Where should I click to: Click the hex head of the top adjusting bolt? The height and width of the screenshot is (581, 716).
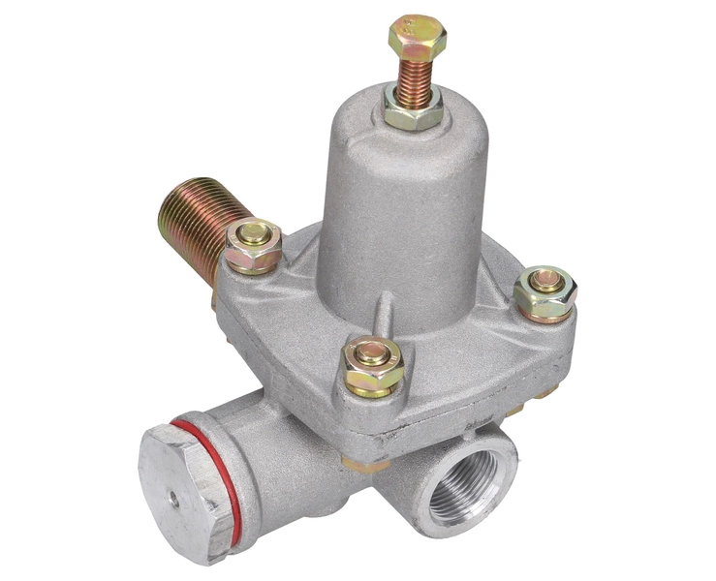click(x=418, y=37)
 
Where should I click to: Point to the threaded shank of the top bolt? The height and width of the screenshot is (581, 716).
click(x=415, y=72)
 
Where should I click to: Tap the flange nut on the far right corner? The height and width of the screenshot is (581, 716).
click(x=545, y=290)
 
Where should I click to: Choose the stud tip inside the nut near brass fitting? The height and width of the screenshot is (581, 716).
click(x=254, y=233)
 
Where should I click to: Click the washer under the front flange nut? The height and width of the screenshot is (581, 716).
click(x=373, y=385)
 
